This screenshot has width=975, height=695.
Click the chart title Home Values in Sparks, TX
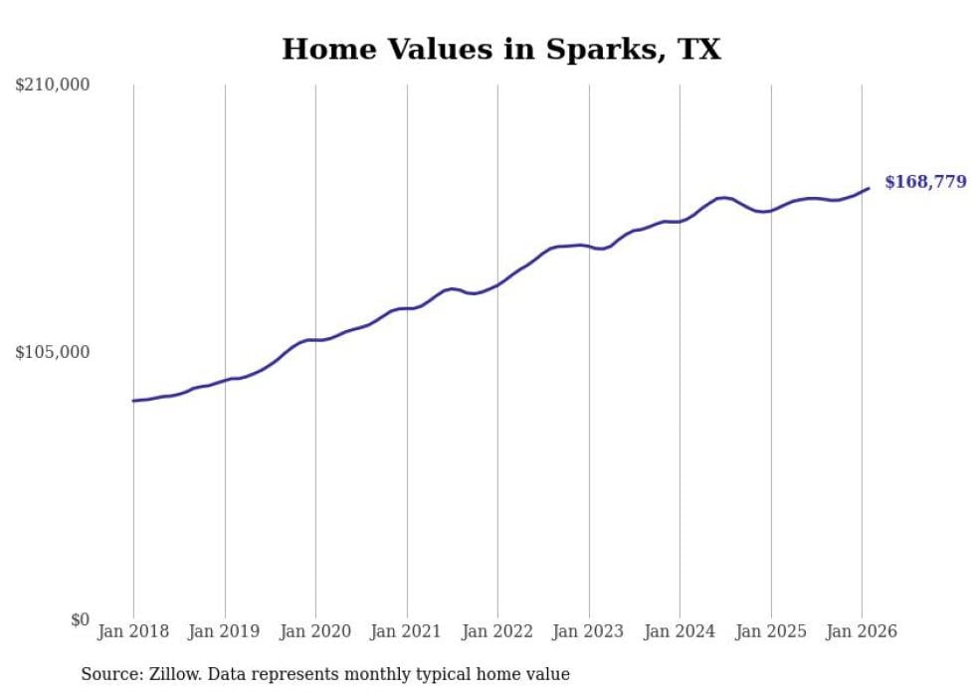click(x=500, y=49)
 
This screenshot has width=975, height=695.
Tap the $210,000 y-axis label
click(x=52, y=86)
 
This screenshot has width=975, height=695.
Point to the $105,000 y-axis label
click(x=52, y=352)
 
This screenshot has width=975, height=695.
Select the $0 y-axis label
click(x=80, y=619)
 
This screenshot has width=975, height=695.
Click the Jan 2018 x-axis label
click(x=133, y=631)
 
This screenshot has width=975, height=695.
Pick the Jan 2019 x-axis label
click(x=225, y=631)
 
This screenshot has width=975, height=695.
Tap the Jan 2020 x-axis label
click(x=315, y=631)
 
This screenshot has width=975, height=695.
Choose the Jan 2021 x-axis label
click(x=407, y=631)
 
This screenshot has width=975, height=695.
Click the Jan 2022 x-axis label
click(x=497, y=631)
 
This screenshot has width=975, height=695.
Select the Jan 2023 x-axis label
click(x=589, y=631)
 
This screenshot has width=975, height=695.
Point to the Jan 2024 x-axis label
click(x=680, y=631)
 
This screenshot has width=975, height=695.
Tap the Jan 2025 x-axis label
click(x=771, y=631)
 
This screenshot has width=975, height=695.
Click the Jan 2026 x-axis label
click(x=862, y=631)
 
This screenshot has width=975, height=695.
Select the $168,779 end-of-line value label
click(x=925, y=182)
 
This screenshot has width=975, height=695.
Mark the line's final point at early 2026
click(x=869, y=188)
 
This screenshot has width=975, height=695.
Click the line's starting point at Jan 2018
click(x=133, y=401)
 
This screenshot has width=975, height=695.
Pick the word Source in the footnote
click(x=108, y=674)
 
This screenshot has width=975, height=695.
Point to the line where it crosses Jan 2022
click(x=497, y=284)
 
